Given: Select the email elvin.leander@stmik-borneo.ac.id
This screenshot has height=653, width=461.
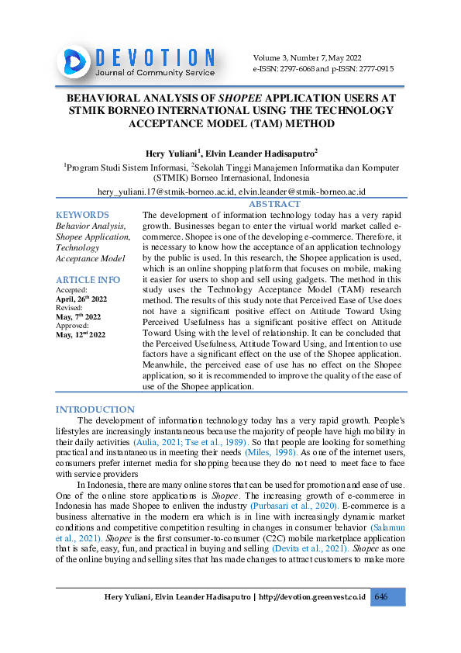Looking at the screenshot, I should coord(301,191).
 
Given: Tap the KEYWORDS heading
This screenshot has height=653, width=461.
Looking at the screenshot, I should coord(82,215).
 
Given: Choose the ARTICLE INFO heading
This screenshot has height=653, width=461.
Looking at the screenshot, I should coord(88,279).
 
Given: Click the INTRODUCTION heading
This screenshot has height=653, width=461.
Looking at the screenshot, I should coord(95,409).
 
